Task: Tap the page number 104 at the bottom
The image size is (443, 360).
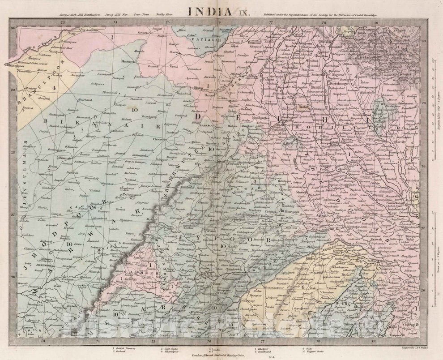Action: pyautogui.click(x=221, y=359)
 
